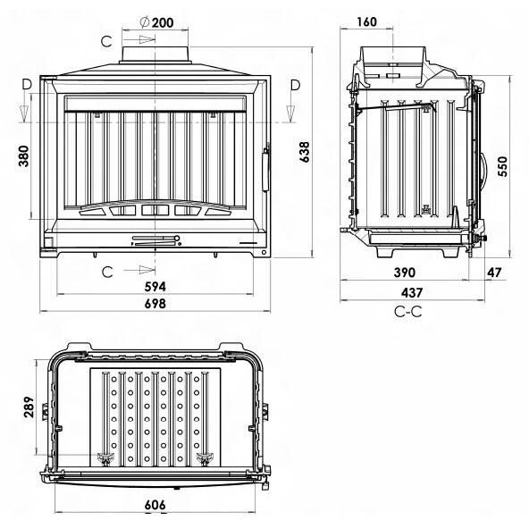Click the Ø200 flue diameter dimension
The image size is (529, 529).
pyautogui.click(x=157, y=22)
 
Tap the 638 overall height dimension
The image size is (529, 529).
pyautogui.click(x=305, y=152)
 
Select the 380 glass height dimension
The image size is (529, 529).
pyautogui.click(x=24, y=155)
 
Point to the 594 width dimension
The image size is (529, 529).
pyautogui.click(x=155, y=287)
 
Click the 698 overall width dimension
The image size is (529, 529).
pyautogui.click(x=155, y=304)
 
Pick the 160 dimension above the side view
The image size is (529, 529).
pyautogui.click(x=366, y=22)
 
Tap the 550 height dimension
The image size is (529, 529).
pyautogui.click(x=502, y=166)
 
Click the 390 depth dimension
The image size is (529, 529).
pyautogui.click(x=405, y=273)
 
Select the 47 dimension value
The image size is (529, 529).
pyautogui.click(x=494, y=273)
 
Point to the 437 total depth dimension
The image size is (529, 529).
pyautogui.click(x=412, y=292)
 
